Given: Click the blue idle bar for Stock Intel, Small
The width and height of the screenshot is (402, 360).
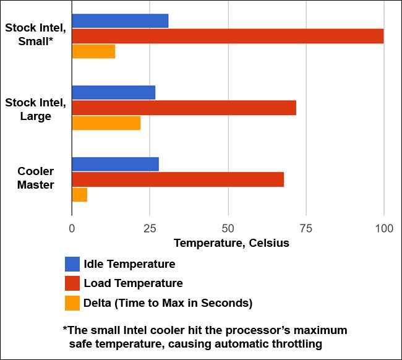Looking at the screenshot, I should (x=120, y=21).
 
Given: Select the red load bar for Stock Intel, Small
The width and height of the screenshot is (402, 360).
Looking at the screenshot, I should (x=228, y=36).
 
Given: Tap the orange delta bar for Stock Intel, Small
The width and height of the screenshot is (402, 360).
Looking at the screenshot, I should (x=93, y=51).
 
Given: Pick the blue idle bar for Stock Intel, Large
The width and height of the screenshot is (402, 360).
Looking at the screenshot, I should (x=114, y=93).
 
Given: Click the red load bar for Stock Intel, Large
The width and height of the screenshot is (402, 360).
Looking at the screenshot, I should (x=184, y=108).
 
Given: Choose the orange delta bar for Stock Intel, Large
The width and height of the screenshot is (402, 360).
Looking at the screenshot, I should (x=106, y=123).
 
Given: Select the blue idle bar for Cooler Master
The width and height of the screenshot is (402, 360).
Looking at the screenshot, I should (x=115, y=165).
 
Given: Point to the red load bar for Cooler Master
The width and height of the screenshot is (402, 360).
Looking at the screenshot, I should (x=177, y=179).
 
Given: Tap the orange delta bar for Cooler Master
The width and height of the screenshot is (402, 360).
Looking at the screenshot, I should (x=80, y=195).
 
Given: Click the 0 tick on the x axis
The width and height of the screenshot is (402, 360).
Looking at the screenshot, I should (x=72, y=228).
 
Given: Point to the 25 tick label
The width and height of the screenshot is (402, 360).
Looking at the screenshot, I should (x=150, y=228).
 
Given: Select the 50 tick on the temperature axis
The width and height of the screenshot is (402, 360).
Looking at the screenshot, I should (x=228, y=228).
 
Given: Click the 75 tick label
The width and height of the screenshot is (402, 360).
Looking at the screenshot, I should (x=306, y=228).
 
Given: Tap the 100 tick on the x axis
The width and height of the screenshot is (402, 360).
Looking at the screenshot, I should (x=383, y=228).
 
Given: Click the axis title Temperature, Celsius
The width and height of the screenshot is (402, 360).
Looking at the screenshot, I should (x=231, y=243).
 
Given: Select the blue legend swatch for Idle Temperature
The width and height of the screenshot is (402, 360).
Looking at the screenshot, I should (x=72, y=264).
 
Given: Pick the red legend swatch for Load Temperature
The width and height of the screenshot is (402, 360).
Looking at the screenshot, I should (x=72, y=283).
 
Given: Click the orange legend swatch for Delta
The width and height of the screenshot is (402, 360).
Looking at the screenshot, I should (x=72, y=303).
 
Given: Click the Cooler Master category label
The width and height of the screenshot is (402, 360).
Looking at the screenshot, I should (x=35, y=178).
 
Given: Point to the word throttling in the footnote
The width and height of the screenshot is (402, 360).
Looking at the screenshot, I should (x=297, y=343).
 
